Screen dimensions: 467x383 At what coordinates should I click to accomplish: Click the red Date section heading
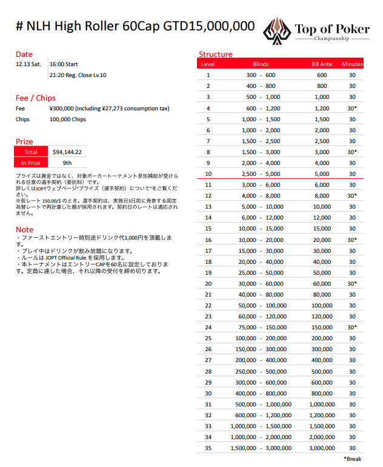[24, 55]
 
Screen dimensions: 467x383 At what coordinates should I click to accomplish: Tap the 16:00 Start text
[64, 64]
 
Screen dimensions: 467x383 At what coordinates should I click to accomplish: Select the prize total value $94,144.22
[67, 152]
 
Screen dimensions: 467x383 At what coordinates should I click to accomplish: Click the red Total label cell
[31, 152]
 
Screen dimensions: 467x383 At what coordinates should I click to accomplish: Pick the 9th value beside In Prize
[67, 163]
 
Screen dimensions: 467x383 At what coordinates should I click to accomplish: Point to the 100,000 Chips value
[68, 119]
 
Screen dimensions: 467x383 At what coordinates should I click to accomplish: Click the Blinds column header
[261, 64]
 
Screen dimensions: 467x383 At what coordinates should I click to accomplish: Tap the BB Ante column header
[322, 64]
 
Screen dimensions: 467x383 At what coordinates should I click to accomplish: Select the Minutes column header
[352, 64]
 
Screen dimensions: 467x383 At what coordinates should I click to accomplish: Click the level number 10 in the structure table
[208, 173]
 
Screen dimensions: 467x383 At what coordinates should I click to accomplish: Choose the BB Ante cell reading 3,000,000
[322, 448]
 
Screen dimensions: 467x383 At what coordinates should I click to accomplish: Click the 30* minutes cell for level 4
[352, 108]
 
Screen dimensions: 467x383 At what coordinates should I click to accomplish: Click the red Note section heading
[24, 229]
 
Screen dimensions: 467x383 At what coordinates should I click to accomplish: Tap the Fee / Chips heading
[35, 98]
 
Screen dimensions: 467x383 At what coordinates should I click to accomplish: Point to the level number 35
[208, 448]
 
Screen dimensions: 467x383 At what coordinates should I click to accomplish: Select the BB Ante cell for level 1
[322, 75]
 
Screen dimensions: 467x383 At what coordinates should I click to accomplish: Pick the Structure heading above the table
[215, 55]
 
